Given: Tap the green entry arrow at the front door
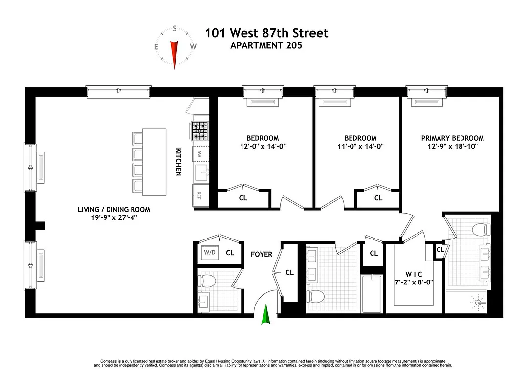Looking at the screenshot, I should point(265,315).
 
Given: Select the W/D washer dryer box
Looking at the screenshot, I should point(210,253).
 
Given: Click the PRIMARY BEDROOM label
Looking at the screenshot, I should point(452,138).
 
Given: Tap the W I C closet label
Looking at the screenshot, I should point(414,274).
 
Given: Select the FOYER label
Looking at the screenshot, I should point(262,254).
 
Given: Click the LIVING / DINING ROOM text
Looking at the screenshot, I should point(113,210).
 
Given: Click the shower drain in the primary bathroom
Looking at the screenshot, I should point(478,303).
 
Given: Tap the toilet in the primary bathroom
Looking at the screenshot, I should point(483,229).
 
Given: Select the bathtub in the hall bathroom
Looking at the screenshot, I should point(373,294).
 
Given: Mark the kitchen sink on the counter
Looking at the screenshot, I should point(201,172).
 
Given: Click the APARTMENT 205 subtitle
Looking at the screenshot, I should point(266,46).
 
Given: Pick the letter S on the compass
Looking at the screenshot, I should point(174,29).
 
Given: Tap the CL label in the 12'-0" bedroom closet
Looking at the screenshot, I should point(242,198).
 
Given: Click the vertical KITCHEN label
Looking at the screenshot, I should point(179,162).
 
